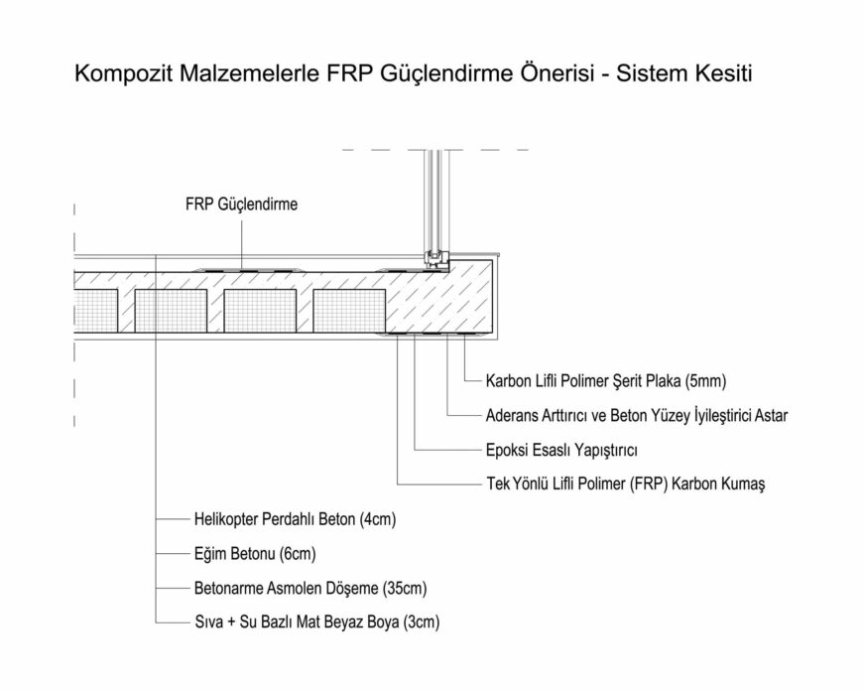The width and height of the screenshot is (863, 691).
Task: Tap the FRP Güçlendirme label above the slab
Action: pyautogui.click(x=241, y=206)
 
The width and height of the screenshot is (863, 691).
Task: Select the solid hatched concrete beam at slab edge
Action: pyautogui.click(x=442, y=301)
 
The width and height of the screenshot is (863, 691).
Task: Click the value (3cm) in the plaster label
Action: pyautogui.click(x=419, y=623)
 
